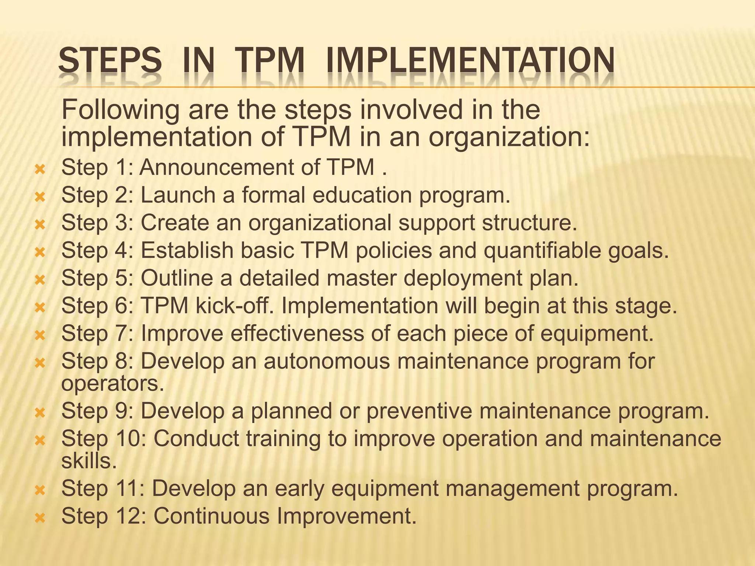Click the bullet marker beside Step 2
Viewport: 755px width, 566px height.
(x=39, y=198)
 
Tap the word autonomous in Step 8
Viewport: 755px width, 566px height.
(x=326, y=361)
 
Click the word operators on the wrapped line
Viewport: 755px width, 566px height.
(x=112, y=384)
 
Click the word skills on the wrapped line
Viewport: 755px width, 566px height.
(x=88, y=461)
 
